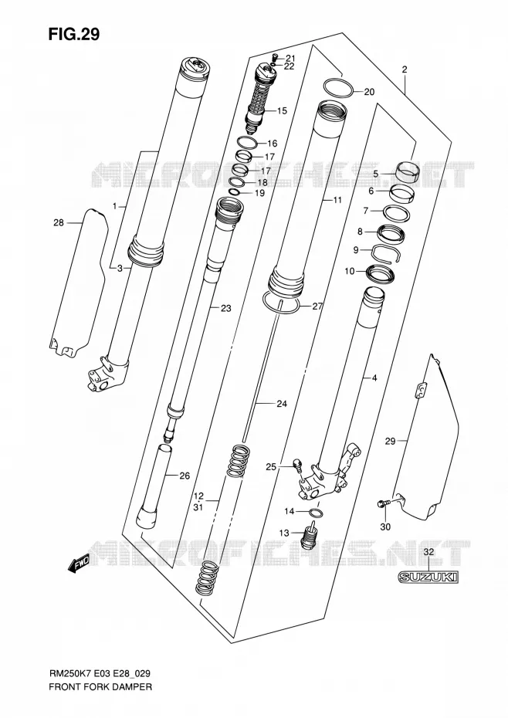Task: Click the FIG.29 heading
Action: pyautogui.click(x=74, y=35)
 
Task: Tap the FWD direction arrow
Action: pyautogui.click(x=79, y=564)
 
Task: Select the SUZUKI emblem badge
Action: pyautogui.click(x=428, y=577)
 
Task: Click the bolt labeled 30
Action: pyautogui.click(x=382, y=503)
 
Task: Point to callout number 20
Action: pyautogui.click(x=369, y=92)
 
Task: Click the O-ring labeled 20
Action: pyautogui.click(x=338, y=88)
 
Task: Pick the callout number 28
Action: pyautogui.click(x=59, y=223)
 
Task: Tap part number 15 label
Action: pyautogui.click(x=282, y=111)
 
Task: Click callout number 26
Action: pyautogui.click(x=185, y=476)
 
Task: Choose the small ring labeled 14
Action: pyautogui.click(x=317, y=512)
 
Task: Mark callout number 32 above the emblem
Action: pyautogui.click(x=428, y=552)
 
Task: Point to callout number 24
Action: pyautogui.click(x=282, y=404)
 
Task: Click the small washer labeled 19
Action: pyautogui.click(x=235, y=191)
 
